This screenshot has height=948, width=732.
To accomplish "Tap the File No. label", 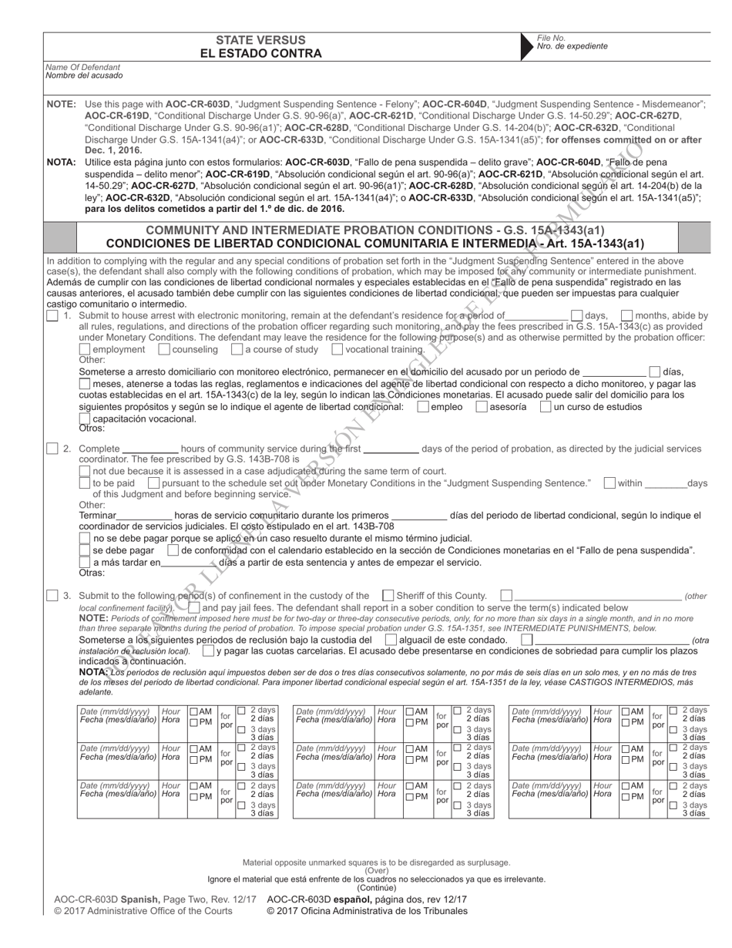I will point(551,38).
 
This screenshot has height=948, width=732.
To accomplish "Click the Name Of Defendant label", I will point(78,67).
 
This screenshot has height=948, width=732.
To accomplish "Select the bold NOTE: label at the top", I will point(61,103).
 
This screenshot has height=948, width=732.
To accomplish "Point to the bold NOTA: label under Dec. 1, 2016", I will point(61,162).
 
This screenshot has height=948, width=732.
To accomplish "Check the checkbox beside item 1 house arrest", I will point(52,315).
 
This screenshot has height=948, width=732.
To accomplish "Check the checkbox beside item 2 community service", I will point(52,448).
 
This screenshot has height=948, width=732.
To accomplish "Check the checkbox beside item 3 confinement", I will point(52,595).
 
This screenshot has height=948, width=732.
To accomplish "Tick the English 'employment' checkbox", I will point(86,349).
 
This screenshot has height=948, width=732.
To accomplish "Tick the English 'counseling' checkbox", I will point(164,349).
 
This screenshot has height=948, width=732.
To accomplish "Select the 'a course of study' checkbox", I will point(237,349).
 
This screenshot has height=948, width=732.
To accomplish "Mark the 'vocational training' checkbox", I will point(337,349).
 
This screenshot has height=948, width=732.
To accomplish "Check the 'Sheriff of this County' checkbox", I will point(388,595).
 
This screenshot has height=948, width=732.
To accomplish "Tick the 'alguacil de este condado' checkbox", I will point(391,640).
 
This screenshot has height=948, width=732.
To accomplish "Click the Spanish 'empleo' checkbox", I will point(423,406).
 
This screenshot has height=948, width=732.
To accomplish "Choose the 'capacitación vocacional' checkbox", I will point(86,419).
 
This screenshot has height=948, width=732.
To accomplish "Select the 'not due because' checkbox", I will point(86,471).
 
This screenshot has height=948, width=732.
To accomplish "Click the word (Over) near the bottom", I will point(376,871).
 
